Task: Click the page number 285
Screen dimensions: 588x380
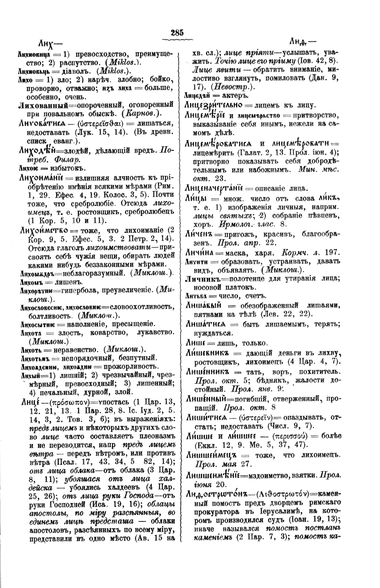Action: pyautogui.click(x=177, y=32)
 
